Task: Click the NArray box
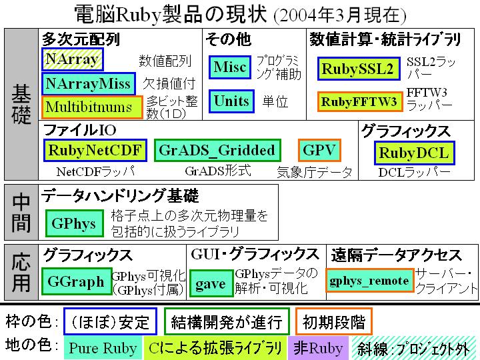click(73, 59)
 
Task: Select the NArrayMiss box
click(89, 83)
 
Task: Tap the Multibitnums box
click(92, 107)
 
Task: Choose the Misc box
click(230, 67)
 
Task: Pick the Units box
click(231, 101)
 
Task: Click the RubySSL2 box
click(359, 69)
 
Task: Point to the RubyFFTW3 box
click(360, 101)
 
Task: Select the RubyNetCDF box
click(95, 150)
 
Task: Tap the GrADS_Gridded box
click(217, 150)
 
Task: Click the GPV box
click(319, 150)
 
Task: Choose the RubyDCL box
click(415, 153)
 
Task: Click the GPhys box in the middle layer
click(75, 223)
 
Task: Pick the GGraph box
click(77, 281)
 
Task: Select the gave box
click(211, 283)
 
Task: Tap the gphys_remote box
click(370, 280)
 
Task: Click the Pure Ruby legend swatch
click(103, 347)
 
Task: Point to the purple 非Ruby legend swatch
click(318, 347)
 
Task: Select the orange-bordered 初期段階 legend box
click(334, 321)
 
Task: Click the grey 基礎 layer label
click(21, 104)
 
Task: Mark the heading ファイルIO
click(80, 130)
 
